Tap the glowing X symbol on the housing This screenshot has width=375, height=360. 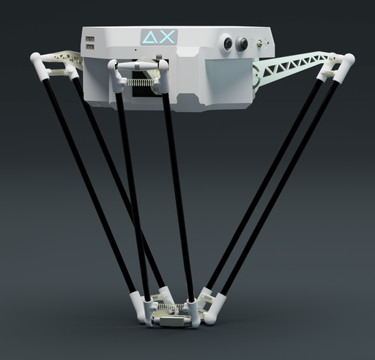[x=167, y=37]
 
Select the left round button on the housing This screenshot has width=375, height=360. [x=228, y=43]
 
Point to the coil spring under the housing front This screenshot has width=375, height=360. [x=141, y=83]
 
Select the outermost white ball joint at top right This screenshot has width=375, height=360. [x=347, y=61]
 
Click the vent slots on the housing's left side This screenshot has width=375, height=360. [x=89, y=41]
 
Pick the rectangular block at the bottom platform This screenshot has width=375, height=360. [x=175, y=321]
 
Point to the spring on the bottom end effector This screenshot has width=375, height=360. [x=174, y=307]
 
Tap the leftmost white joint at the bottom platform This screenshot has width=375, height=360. [x=135, y=304]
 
